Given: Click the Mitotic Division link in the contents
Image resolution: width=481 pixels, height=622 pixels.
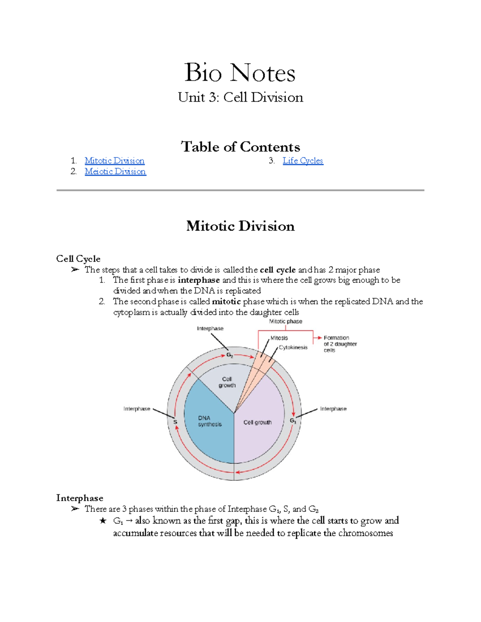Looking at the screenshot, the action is [x=114, y=161].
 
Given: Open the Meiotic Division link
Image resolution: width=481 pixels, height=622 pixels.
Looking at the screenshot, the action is [x=115, y=171].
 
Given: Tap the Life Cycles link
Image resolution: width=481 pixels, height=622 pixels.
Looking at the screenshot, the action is [x=303, y=161].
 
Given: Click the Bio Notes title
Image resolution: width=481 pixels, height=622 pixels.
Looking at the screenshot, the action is [x=240, y=73].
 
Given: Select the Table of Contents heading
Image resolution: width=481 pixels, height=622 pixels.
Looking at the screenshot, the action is [x=240, y=147].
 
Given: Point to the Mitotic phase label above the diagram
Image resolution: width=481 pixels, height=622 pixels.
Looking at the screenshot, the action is [x=285, y=321].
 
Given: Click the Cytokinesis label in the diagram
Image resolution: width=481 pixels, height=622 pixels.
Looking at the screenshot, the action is [x=293, y=347].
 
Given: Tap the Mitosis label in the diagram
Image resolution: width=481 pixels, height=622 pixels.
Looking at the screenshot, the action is [x=279, y=338].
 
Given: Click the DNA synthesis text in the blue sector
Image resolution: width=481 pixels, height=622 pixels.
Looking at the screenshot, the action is [x=210, y=421].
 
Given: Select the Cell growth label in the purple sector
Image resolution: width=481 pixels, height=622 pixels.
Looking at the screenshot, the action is [x=257, y=422].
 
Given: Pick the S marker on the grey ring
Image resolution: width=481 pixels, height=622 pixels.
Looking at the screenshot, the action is [x=175, y=422].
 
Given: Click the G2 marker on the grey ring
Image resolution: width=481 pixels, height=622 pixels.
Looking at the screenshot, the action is [x=230, y=355].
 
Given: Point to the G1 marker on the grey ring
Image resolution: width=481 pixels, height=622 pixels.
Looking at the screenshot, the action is [x=293, y=421].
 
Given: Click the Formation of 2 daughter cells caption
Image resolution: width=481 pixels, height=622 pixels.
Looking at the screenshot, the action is [x=340, y=344].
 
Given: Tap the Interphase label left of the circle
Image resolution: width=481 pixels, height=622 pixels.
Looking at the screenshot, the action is [x=137, y=409].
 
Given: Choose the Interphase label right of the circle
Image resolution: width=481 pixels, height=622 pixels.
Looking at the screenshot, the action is [x=333, y=409].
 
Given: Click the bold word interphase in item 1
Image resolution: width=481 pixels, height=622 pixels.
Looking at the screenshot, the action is [x=199, y=280].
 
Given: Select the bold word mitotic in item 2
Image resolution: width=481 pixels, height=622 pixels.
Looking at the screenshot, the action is [x=226, y=302].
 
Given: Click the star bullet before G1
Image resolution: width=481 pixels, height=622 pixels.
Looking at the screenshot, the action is [x=103, y=521].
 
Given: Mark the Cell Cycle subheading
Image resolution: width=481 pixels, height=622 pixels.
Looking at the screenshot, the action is [x=78, y=259].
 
